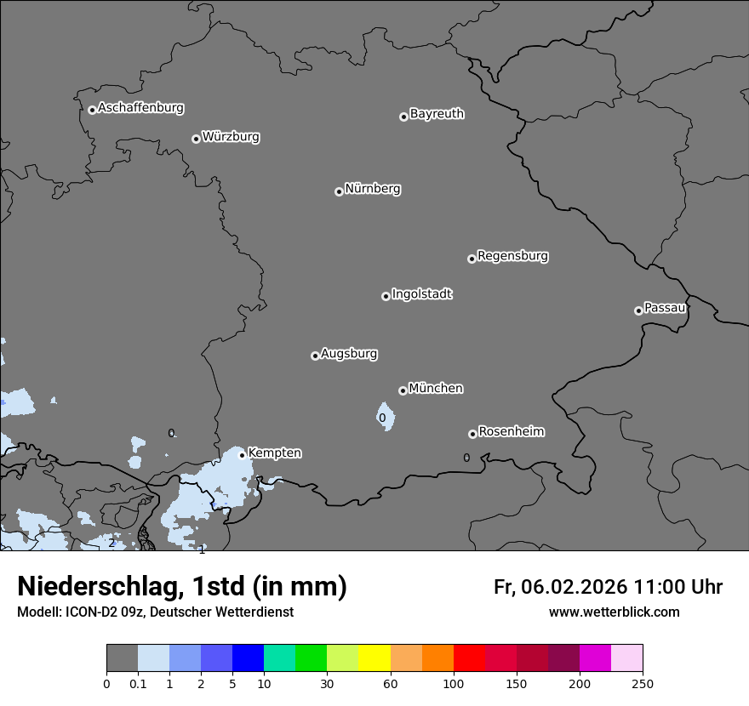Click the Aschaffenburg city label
click(x=140, y=108)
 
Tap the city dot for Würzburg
click(x=196, y=139)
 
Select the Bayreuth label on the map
click(x=437, y=114)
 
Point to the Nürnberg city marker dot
click(x=339, y=191)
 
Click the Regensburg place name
click(x=512, y=256)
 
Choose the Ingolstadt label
click(x=421, y=294)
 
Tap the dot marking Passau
click(x=638, y=310)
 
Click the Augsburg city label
click(x=349, y=354)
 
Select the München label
click(x=436, y=389)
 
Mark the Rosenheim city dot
click(x=472, y=435)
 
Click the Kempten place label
click(x=274, y=453)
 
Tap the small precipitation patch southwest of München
click(x=386, y=417)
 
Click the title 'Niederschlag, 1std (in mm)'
click(x=182, y=586)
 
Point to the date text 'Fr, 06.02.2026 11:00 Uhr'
click(x=608, y=587)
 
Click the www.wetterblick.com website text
click(x=614, y=612)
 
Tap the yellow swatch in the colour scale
click(x=374, y=658)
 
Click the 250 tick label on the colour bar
click(x=643, y=683)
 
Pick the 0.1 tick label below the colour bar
click(x=138, y=683)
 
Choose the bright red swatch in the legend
click(x=469, y=658)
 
